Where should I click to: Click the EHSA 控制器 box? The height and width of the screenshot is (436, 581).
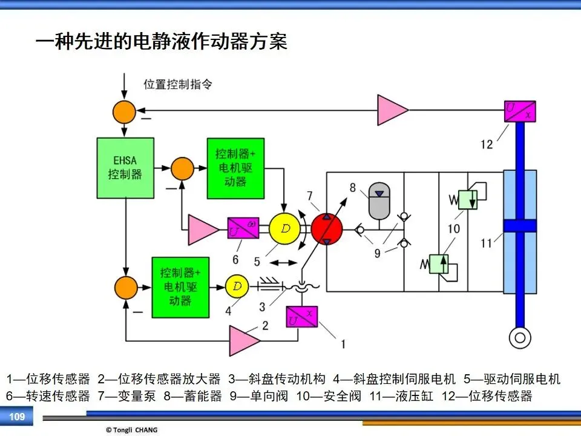(125, 168)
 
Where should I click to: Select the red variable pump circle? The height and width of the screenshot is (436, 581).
(326, 229)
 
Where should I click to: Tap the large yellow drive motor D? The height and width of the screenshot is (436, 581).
(284, 229)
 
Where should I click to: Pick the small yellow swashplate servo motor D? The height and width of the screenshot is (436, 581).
(237, 286)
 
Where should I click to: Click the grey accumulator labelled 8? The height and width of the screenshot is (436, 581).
(379, 200)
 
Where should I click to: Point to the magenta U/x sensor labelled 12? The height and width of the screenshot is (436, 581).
(520, 111)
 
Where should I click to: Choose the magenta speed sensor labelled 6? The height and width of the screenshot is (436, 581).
(243, 228)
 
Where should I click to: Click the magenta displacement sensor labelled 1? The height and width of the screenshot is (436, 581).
(302, 317)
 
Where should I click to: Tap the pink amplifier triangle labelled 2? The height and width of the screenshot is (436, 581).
(245, 341)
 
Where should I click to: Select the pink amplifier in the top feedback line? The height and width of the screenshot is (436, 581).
(393, 110)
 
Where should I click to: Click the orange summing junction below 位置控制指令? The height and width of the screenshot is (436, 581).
(124, 112)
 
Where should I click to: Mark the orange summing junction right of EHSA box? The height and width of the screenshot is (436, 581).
(182, 169)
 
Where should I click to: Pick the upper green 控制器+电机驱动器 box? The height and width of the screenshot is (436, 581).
(235, 168)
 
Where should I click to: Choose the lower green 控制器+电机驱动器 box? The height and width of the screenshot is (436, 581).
(180, 287)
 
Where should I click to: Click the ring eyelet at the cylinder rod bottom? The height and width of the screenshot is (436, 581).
(520, 338)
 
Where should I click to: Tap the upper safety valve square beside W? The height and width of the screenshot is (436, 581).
(468, 200)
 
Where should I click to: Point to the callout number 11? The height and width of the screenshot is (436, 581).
(486, 243)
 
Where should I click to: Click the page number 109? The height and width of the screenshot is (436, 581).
(17, 417)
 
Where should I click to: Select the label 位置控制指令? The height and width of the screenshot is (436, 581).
(178, 84)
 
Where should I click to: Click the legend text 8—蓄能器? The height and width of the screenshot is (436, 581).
(192, 396)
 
